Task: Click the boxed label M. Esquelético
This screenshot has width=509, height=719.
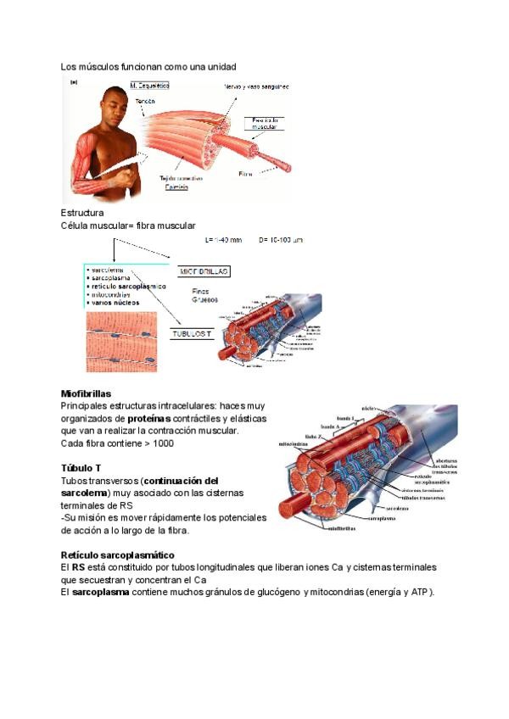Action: coord(149,86)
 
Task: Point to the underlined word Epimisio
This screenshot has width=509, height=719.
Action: coord(176,187)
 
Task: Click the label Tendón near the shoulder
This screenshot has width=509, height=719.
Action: coord(146,101)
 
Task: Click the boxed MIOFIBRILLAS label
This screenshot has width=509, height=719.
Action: coord(204,271)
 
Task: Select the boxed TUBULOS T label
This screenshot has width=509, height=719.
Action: coord(192,334)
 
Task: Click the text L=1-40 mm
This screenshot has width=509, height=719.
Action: coord(223,240)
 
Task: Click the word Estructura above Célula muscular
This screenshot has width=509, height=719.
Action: coord(82,213)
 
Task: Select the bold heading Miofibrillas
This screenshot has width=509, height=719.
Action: coord(86,394)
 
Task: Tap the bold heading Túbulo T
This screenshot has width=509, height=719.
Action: coord(81,468)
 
